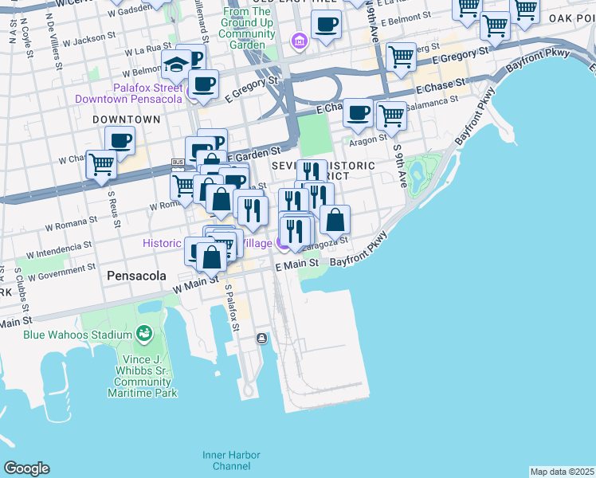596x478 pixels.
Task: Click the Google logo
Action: [26, 468]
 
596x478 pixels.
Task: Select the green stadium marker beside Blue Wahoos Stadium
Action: [144, 332]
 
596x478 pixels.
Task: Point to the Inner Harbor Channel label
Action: [231, 460]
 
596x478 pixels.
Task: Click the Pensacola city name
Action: [136, 276]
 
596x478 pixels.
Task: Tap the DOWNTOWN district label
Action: [126, 119]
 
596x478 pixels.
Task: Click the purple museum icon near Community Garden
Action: [299, 41]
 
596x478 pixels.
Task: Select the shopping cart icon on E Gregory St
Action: [400, 57]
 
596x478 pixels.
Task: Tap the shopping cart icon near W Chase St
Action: [101, 164]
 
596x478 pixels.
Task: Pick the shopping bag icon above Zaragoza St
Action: [335, 219]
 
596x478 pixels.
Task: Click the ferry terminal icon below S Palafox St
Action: [261, 339]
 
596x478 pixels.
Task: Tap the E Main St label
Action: [297, 263]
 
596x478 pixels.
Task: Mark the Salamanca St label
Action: [432, 102]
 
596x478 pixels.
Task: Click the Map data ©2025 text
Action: [562, 472]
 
